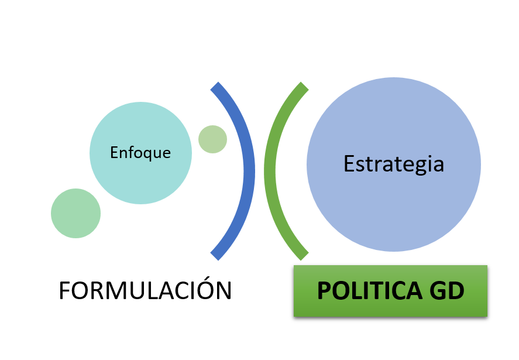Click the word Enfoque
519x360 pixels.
[x=140, y=153]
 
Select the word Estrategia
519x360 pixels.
[x=394, y=164]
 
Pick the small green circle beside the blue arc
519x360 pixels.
[x=212, y=139]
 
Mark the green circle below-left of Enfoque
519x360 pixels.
[x=75, y=213]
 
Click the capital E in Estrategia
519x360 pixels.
[x=349, y=164]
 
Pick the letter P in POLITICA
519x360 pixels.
[x=324, y=291]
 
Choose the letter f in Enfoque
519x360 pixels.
[x=128, y=152]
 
